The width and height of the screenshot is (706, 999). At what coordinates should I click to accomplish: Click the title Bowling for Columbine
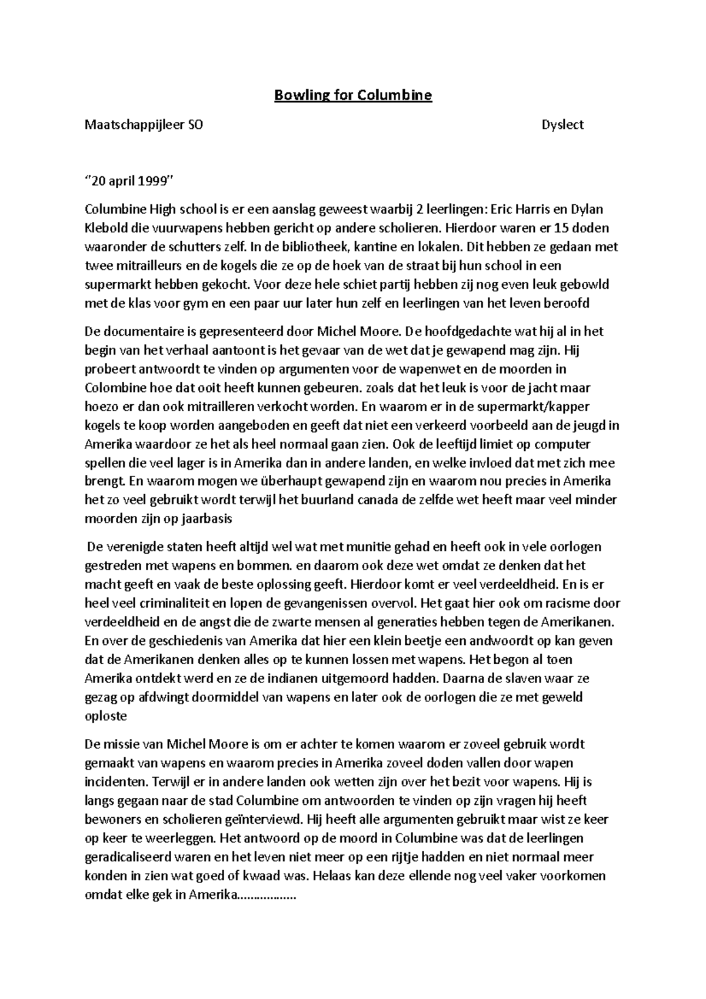point(353,95)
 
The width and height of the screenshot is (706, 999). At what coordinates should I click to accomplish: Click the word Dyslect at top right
point(562,125)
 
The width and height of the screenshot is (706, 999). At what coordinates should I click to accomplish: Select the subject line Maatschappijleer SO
point(144,125)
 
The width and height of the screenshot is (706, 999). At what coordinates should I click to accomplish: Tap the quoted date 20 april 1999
point(130,181)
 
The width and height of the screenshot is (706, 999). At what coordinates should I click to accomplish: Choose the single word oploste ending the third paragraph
point(106,716)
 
